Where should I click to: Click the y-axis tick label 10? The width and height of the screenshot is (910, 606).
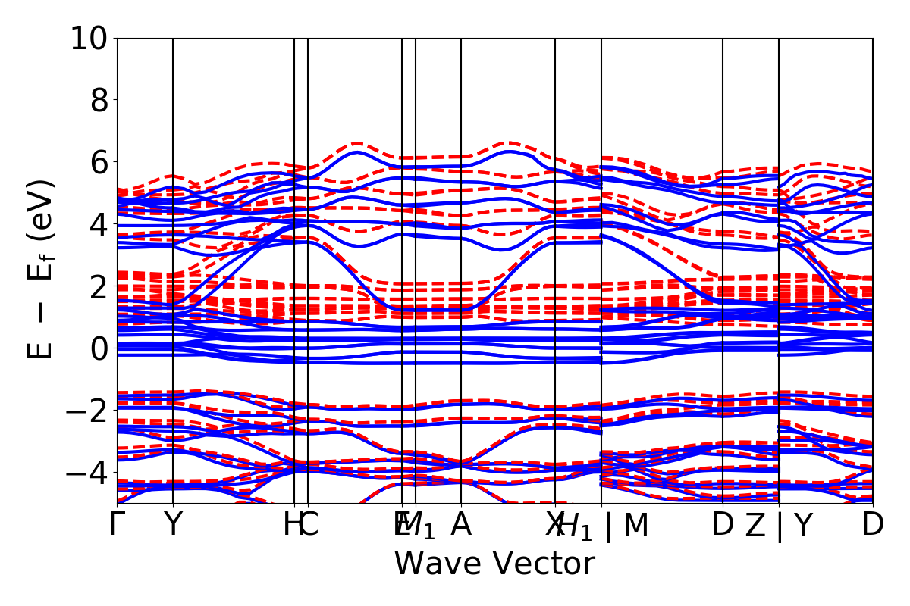[x=89, y=38]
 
